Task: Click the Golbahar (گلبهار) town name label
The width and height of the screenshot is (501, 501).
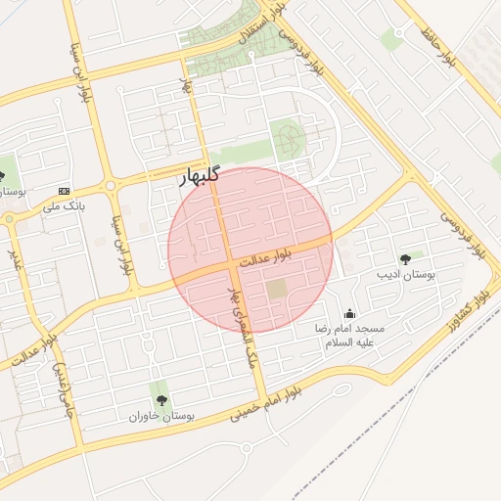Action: pyautogui.click(x=202, y=180)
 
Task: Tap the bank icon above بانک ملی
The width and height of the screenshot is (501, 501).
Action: pyautogui.click(x=65, y=191)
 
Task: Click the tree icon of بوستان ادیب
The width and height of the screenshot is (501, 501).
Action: pyautogui.click(x=405, y=259)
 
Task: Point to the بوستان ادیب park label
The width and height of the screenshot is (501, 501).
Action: pyautogui.click(x=405, y=277)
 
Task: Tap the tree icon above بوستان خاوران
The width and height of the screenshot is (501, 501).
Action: pyautogui.click(x=161, y=399)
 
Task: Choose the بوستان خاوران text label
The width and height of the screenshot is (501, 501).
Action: pyautogui.click(x=162, y=416)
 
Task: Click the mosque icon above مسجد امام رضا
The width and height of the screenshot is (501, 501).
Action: pyautogui.click(x=350, y=313)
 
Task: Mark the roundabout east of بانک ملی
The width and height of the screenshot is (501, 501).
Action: pyautogui.click(x=111, y=184)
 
